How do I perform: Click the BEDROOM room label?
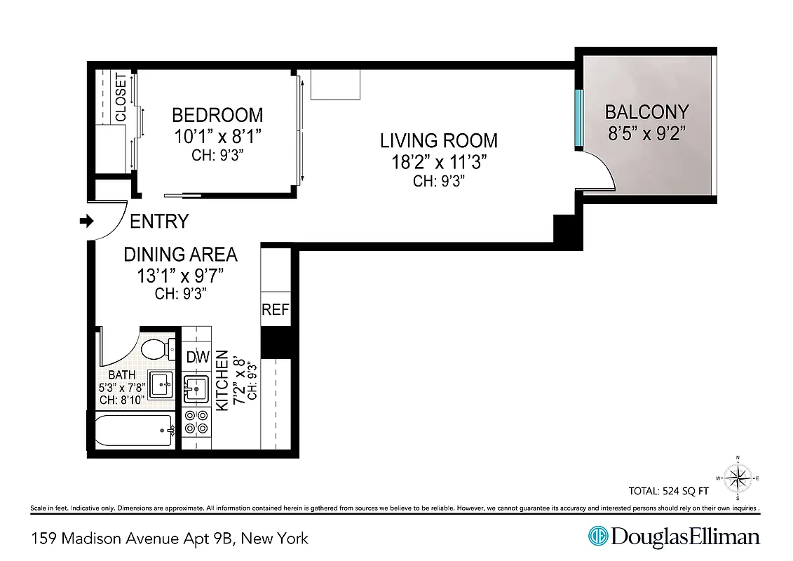217,114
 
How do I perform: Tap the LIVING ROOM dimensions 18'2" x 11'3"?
438,163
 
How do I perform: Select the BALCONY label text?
646,111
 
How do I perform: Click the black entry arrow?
86,222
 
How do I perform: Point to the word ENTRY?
159,222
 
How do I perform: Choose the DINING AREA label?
180,254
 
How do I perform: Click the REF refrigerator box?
275,309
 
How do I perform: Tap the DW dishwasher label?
197,357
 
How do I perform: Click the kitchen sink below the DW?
196,386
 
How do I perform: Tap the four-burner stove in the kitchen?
196,421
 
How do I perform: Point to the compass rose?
738,478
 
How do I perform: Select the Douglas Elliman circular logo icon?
597,537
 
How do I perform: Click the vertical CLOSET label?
121,97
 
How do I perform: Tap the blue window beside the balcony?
578,118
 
